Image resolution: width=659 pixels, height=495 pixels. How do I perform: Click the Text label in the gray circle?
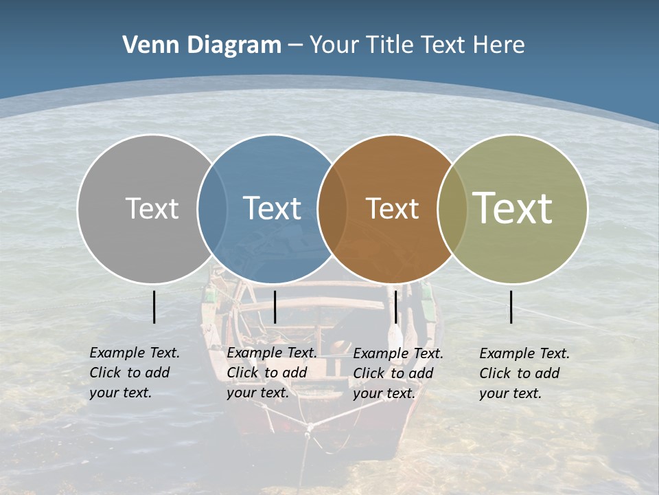click(x=152, y=208)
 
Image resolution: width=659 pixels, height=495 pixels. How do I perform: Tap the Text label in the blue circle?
click(x=272, y=208)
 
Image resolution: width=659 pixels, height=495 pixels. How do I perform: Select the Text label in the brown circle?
click(x=392, y=208)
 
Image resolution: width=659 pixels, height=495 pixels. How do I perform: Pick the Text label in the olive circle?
click(x=513, y=208)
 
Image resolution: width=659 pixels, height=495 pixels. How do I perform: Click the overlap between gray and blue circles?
click(x=212, y=208)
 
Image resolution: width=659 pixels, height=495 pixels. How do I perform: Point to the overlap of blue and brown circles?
click(x=332, y=208)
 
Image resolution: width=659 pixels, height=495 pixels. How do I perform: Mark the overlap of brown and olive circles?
click(x=452, y=208)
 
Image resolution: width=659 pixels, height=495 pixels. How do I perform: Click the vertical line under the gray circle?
click(x=154, y=307)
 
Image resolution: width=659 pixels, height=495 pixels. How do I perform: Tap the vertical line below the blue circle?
click(x=275, y=307)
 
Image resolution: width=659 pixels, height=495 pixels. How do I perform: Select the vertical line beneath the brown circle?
click(x=395, y=307)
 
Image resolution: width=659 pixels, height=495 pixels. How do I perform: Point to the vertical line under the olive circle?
click(x=511, y=307)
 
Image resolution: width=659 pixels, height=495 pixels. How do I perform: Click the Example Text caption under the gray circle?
click(x=135, y=373)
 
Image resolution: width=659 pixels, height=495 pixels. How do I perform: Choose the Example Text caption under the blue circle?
click(x=272, y=373)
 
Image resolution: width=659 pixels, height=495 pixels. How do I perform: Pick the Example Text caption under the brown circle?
click(x=398, y=373)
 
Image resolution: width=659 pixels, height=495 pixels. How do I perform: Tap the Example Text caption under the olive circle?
click(x=524, y=373)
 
